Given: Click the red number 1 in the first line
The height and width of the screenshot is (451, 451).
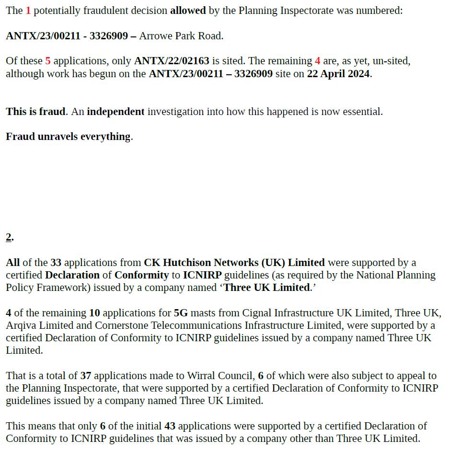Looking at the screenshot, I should point(28,11).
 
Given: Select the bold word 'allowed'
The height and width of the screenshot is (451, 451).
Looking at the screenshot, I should point(188,11).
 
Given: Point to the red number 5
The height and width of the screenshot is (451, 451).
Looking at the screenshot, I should point(47,61).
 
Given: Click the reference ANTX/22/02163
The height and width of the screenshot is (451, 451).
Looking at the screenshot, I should point(172,61).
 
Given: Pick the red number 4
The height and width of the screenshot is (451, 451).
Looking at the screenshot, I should point(317,61).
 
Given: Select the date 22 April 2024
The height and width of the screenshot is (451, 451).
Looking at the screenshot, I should point(338,74).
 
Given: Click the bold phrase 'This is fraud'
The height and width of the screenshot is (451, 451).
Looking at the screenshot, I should point(35,112).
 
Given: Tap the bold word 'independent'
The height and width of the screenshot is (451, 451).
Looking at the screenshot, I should point(116,112).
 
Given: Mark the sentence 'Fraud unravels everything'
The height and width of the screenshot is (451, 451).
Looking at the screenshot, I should point(68,137).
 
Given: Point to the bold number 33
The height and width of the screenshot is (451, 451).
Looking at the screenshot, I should point(56,263).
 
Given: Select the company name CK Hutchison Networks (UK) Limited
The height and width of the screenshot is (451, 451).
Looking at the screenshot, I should point(234,263).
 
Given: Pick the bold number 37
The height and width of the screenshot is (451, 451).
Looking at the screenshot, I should point(85,376).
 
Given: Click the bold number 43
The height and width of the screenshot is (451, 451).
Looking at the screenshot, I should point(170,426).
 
